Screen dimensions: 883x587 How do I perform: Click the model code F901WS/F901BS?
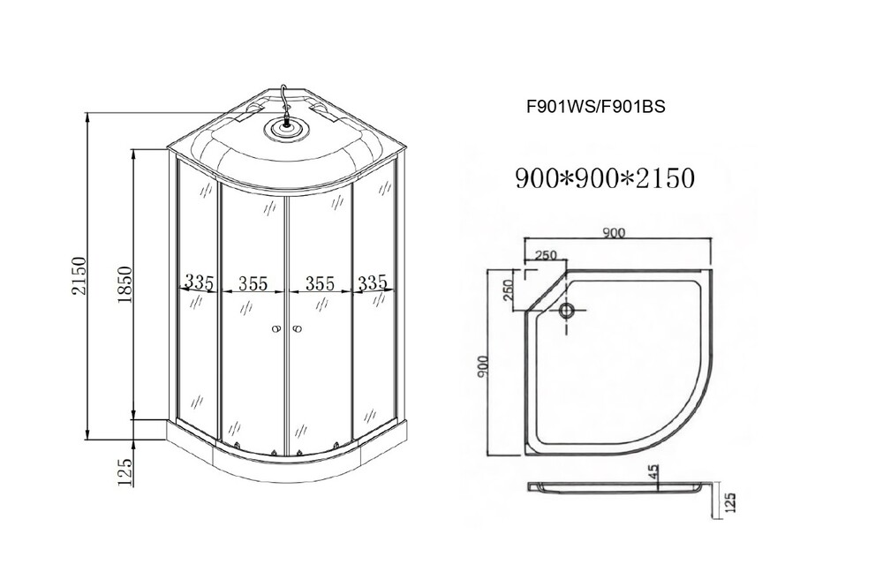595,106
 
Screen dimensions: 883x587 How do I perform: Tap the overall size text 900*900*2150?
605,177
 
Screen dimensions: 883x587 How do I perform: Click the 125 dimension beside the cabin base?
125,471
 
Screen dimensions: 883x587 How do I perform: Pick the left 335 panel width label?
200,282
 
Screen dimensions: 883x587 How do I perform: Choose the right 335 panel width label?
373,282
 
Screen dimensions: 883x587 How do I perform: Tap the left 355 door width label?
253,283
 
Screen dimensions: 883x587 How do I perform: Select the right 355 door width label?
320,283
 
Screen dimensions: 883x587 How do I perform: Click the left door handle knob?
275,329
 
